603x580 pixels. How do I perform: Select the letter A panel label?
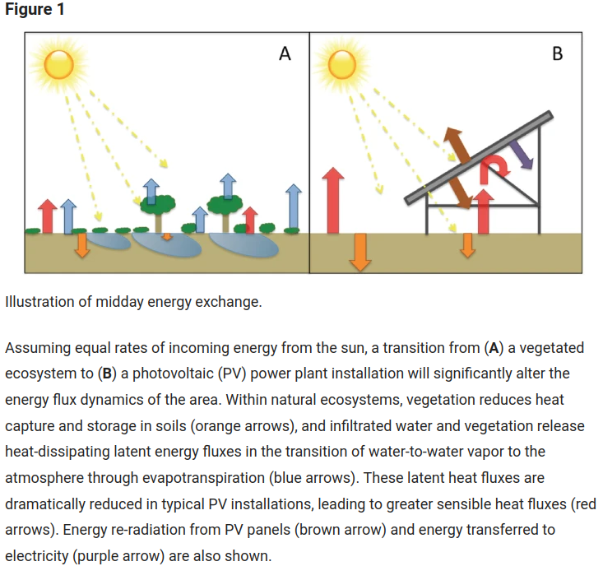[x=285, y=54]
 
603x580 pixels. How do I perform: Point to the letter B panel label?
[x=558, y=54]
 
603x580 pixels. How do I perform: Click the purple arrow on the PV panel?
[x=519, y=153]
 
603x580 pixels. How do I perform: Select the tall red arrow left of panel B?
[x=332, y=200]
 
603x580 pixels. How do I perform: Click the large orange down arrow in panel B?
[x=359, y=251]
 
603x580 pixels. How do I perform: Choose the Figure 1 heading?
[x=35, y=11]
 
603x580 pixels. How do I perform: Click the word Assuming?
[x=36, y=347]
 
